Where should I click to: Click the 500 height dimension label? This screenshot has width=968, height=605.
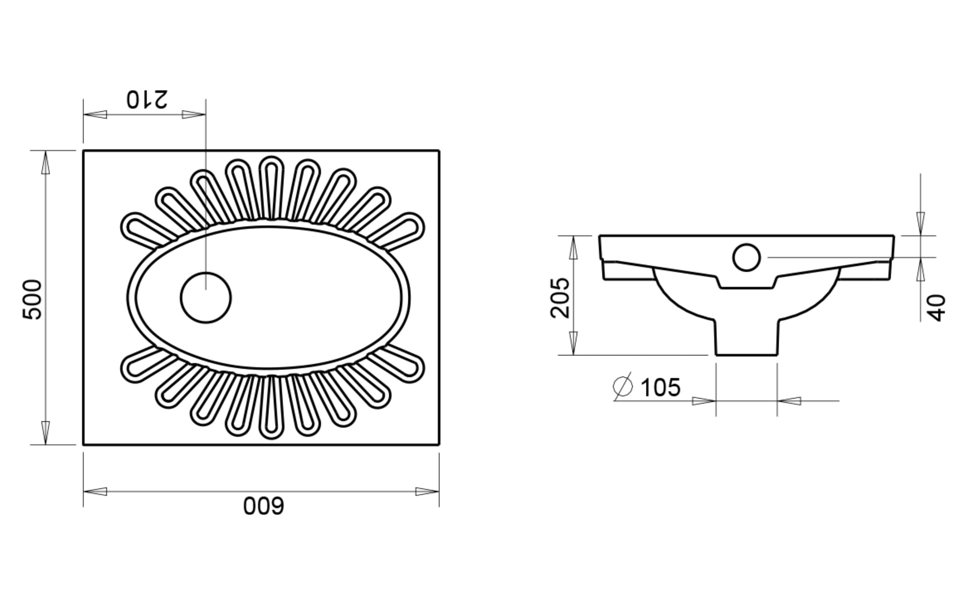32,299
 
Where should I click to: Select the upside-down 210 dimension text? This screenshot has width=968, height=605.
147,99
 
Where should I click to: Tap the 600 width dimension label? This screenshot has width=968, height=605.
264,506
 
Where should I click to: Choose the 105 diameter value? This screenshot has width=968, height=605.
661,387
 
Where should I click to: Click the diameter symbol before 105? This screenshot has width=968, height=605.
623,386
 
